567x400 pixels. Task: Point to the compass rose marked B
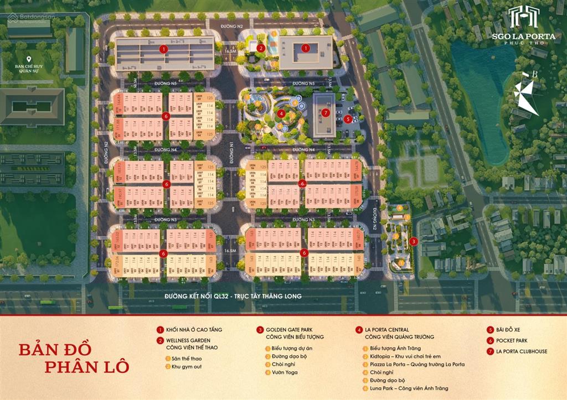[525, 94]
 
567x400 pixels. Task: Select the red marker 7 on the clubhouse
[325, 112]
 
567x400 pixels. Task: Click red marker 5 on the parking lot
[347, 118]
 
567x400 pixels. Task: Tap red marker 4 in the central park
[281, 113]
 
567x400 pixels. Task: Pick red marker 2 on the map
[260, 48]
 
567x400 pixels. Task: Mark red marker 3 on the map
[414, 241]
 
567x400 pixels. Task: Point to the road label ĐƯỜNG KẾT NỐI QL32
[233, 297]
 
